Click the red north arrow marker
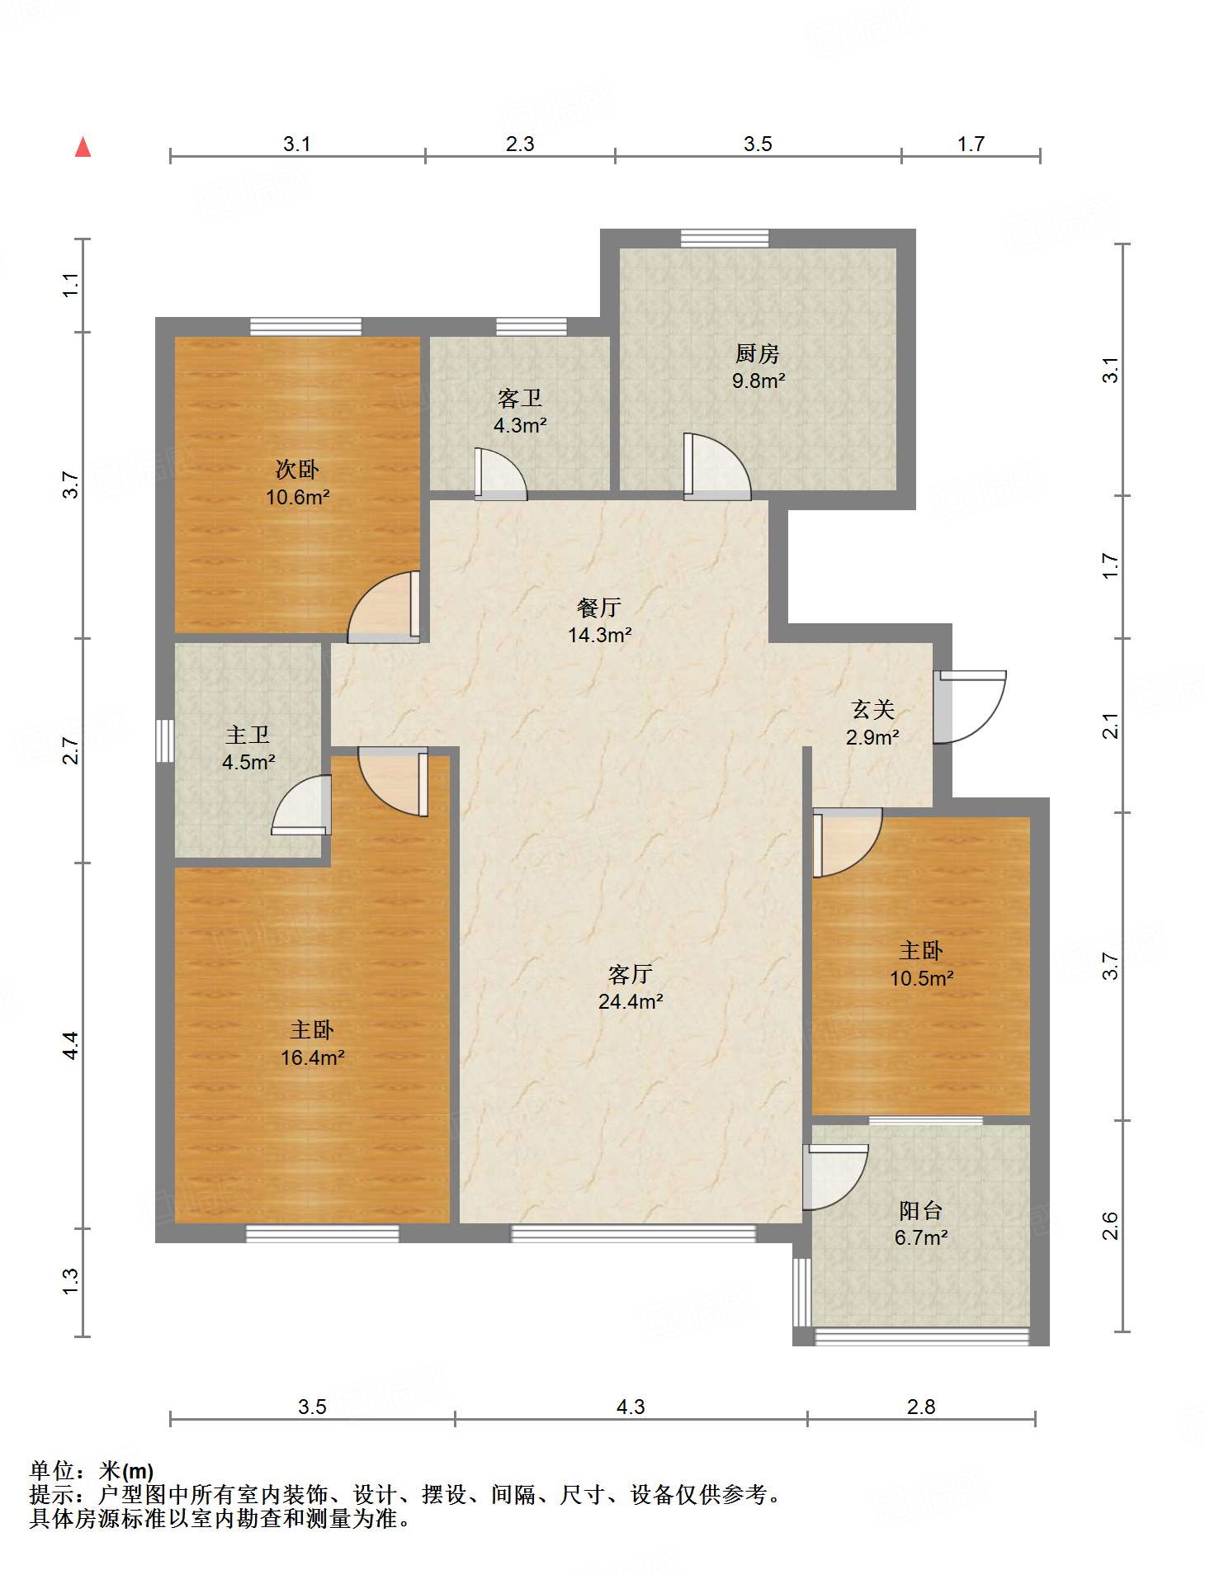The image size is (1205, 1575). click(x=83, y=147)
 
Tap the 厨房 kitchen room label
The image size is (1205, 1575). click(x=757, y=353)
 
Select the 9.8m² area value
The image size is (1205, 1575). click(x=758, y=381)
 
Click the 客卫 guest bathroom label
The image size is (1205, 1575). click(x=519, y=399)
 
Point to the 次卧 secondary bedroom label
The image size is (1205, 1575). click(x=297, y=470)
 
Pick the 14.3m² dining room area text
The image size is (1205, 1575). click(x=599, y=635)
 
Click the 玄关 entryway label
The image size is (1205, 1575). click(x=872, y=709)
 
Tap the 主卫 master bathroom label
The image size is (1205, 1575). click(x=248, y=734)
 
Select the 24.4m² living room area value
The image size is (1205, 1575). click(x=631, y=1001)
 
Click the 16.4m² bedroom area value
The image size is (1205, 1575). click(x=312, y=1057)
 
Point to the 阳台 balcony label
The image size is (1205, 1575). click(x=920, y=1211)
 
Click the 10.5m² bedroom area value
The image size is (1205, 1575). click(x=921, y=978)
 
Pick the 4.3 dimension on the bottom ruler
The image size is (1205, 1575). click(x=631, y=1406)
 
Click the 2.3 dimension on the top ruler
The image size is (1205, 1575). click(x=520, y=144)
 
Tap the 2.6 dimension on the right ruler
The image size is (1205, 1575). click(x=1110, y=1226)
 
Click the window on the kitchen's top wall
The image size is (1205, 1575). click(x=725, y=239)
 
